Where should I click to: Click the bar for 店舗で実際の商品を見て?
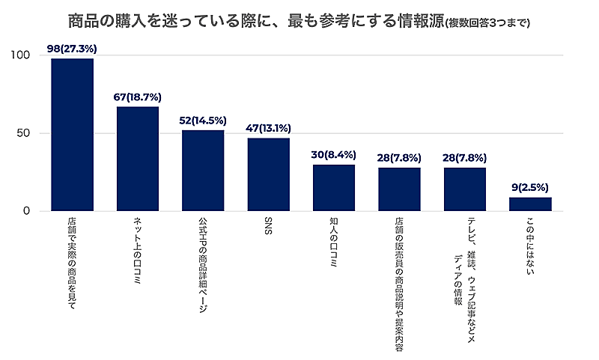click(x=72, y=135)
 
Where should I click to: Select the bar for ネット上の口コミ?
click(x=138, y=159)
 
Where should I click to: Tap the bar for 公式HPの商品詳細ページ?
click(x=203, y=171)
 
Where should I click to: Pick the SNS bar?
click(x=268, y=174)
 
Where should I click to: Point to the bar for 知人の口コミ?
click(x=334, y=188)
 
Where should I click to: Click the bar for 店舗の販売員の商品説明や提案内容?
click(x=399, y=189)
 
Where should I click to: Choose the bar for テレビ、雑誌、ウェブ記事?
click(x=465, y=189)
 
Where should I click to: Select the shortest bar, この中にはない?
click(x=530, y=204)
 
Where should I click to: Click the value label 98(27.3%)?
click(x=72, y=49)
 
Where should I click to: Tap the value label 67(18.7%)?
click(x=138, y=97)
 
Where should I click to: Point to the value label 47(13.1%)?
click(x=268, y=128)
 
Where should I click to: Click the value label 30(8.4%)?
click(x=334, y=155)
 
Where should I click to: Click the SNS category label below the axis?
click(x=268, y=225)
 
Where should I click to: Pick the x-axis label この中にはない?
click(x=530, y=244)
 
